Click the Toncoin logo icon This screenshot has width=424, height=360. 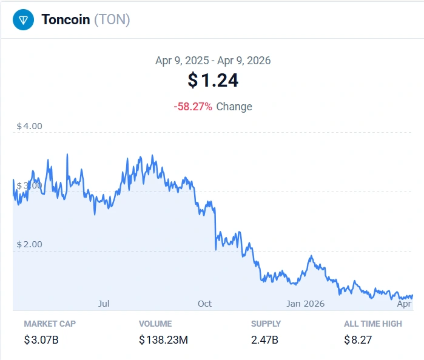23,20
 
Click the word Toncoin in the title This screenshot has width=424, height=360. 66,20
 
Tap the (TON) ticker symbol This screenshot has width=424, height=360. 112,20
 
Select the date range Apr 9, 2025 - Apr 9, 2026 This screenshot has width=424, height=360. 213,61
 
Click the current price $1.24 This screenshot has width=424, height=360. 213,80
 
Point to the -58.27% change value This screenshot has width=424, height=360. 193,107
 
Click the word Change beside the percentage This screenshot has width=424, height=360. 234,107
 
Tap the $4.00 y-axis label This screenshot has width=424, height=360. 29,127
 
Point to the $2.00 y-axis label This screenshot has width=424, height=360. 29,244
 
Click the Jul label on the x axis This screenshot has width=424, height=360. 103,303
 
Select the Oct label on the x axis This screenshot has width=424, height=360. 204,303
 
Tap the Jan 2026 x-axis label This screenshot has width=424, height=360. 306,303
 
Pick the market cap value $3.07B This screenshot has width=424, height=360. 41,340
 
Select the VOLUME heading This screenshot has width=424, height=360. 155,324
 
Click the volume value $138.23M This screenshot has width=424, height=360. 164,340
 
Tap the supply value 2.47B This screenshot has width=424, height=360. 264,340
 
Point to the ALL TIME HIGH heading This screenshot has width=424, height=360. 373,324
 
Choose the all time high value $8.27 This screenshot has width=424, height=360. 358,340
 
